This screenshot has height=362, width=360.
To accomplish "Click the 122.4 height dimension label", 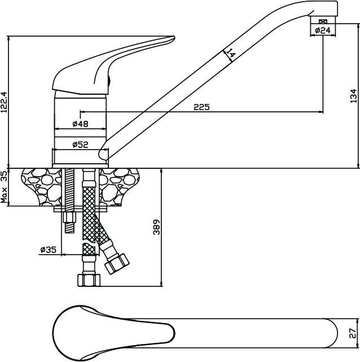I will [5, 102].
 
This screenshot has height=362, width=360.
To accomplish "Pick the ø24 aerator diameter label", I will [322, 30].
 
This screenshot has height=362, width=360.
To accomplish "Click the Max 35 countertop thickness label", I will [5, 187].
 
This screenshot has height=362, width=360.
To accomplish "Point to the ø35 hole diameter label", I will [49, 249].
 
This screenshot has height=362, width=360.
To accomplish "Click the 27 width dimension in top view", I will [353, 333].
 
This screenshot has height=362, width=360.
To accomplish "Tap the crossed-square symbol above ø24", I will [322, 21].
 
